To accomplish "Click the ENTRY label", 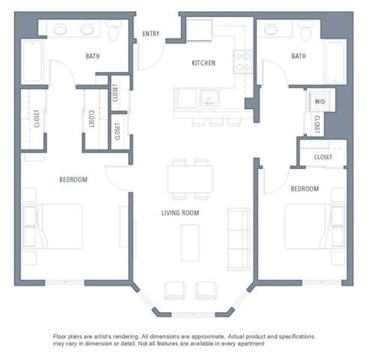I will (x=151, y=33).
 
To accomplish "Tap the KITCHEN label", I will (x=203, y=63).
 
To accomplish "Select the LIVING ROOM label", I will (x=185, y=213).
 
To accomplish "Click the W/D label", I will (x=319, y=101).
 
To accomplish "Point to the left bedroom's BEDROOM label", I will (x=74, y=179).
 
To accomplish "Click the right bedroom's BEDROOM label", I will (x=305, y=188).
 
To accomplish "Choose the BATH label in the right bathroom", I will (x=299, y=55).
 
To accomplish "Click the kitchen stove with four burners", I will (x=242, y=61).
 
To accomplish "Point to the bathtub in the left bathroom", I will (x=32, y=60).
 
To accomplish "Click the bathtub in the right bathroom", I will (x=335, y=61).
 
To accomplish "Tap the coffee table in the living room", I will (x=190, y=241).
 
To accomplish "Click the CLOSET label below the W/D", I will (x=318, y=124).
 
